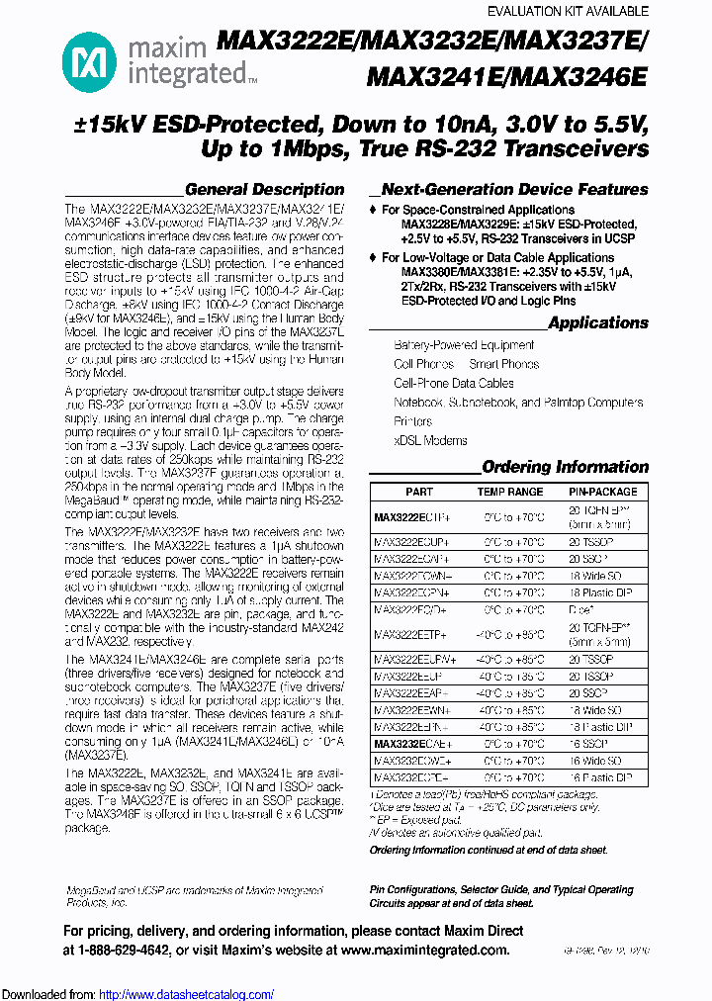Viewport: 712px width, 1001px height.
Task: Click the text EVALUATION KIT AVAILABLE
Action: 569,11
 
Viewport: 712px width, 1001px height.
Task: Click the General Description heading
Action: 264,189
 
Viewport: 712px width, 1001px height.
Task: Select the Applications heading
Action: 597,323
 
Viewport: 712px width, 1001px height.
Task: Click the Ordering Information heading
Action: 565,467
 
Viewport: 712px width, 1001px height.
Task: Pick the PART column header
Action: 419,492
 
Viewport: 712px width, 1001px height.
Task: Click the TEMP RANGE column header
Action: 510,492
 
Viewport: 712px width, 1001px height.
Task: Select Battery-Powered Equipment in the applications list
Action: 464,345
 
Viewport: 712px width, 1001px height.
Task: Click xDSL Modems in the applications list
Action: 430,440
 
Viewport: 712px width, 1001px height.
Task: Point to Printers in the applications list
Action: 413,421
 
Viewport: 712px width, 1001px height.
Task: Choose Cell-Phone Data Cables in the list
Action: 454,383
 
